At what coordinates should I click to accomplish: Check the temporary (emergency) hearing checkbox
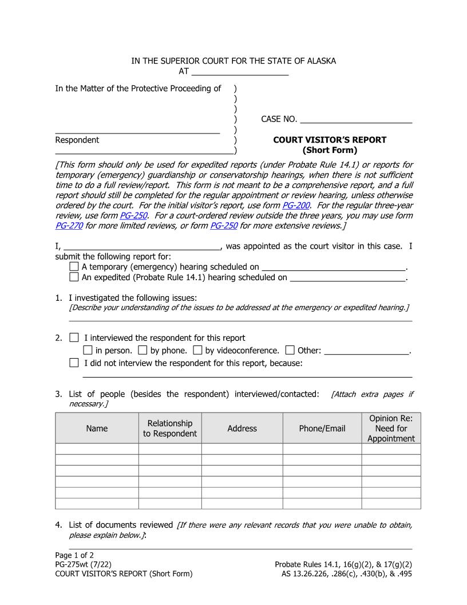[74, 267]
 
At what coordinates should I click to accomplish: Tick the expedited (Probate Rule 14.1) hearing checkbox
[74, 277]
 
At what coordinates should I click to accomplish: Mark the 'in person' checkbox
[88, 350]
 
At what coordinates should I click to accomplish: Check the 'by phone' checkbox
[143, 350]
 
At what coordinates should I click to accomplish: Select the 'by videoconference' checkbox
[198, 350]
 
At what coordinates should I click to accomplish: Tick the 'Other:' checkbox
[290, 350]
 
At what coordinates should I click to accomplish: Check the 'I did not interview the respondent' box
[74, 363]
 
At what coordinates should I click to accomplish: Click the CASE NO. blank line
[356, 119]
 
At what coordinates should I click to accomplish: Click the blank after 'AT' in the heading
[240, 72]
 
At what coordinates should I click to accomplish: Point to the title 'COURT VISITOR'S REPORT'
[330, 140]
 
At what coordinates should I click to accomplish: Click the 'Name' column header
[97, 429]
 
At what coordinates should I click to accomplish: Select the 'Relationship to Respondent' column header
[170, 429]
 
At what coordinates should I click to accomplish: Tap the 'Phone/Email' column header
[322, 429]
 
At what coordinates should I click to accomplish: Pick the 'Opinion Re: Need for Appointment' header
[391, 429]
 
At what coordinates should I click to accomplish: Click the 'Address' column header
[242, 429]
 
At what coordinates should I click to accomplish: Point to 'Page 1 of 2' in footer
[74, 555]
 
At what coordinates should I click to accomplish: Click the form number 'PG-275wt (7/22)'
[84, 564]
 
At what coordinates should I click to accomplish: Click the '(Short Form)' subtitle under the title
[330, 151]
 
